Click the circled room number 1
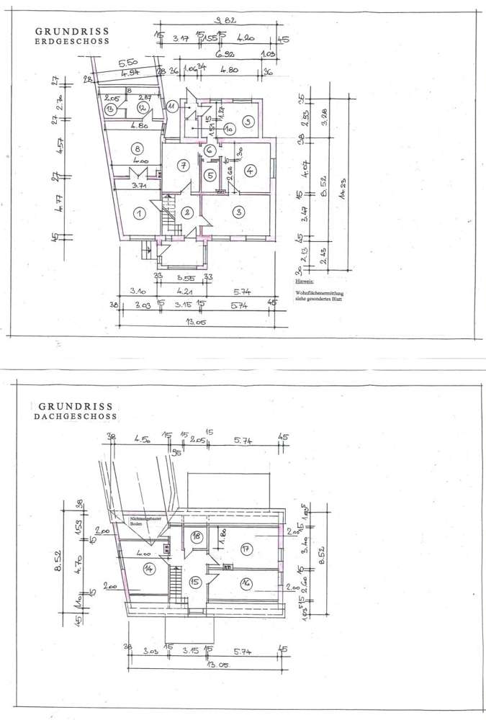140,212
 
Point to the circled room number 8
137,148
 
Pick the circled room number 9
247,122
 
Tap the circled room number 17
246,549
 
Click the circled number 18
195,536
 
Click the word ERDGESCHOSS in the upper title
72,42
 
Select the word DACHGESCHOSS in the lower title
74,417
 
